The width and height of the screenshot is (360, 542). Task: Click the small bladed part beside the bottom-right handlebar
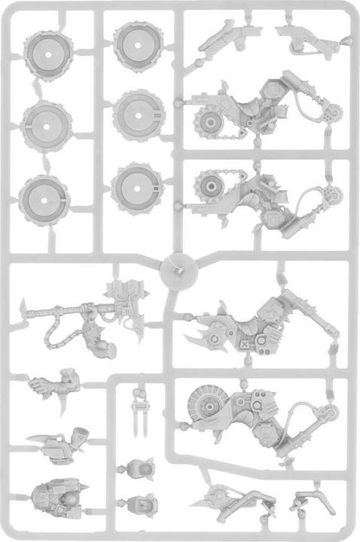(x=218, y=497)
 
